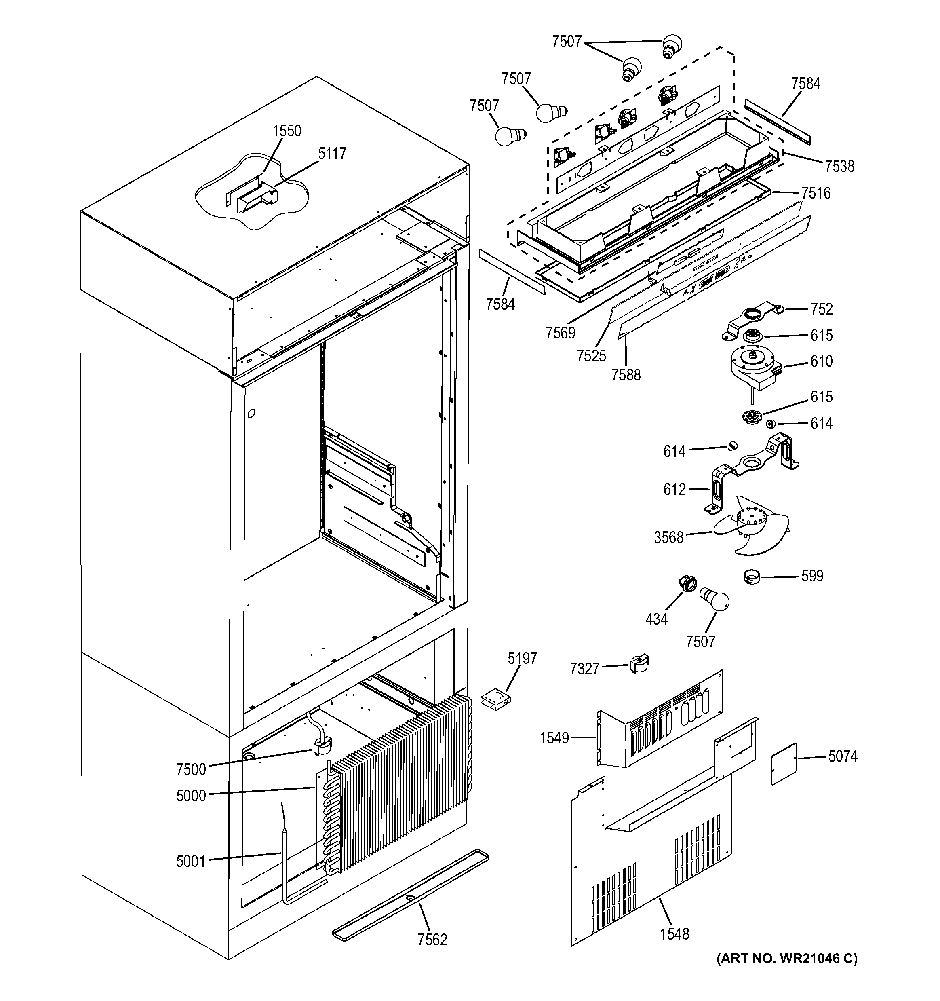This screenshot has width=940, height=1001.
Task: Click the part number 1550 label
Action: [287, 131]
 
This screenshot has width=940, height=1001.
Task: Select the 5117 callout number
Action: [332, 154]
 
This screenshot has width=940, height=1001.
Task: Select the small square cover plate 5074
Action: [784, 771]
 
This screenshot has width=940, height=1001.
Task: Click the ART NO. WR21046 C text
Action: [786, 959]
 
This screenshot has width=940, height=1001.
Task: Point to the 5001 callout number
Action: [191, 862]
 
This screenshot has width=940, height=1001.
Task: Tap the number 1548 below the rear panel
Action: [674, 934]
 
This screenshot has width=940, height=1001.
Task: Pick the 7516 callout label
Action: [816, 193]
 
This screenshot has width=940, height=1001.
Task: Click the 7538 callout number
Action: [839, 167]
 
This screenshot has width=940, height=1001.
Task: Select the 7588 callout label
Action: [626, 375]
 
